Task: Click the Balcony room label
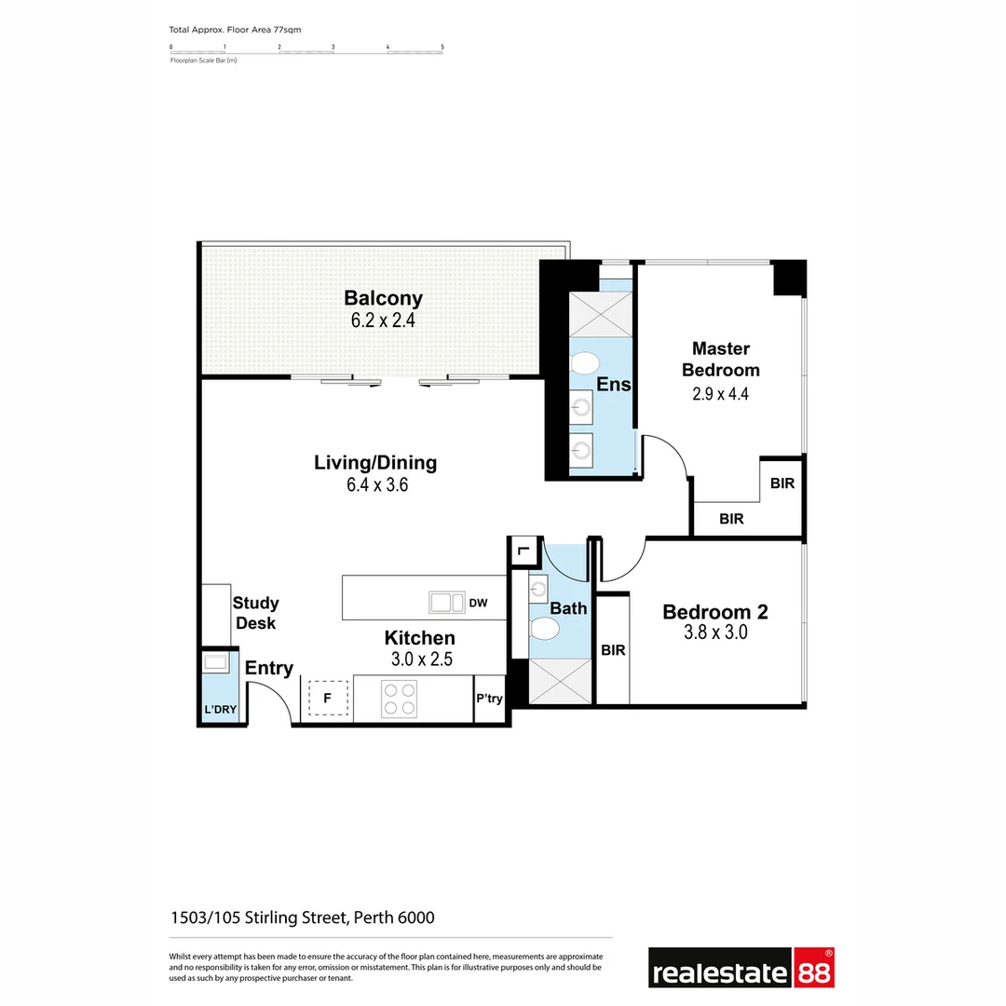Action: click(x=383, y=298)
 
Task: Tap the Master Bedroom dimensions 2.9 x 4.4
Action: click(x=720, y=393)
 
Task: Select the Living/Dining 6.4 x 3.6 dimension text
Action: click(x=375, y=484)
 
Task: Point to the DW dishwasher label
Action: click(x=478, y=604)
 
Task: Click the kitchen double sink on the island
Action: click(x=446, y=603)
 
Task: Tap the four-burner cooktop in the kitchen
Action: click(x=399, y=699)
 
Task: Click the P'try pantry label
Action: click(x=489, y=699)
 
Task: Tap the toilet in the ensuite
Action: click(x=585, y=362)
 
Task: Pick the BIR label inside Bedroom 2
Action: click(x=613, y=650)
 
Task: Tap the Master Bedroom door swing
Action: click(x=665, y=455)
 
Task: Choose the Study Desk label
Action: click(x=255, y=613)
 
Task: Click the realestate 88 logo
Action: click(x=741, y=969)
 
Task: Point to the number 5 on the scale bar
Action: click(x=442, y=46)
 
